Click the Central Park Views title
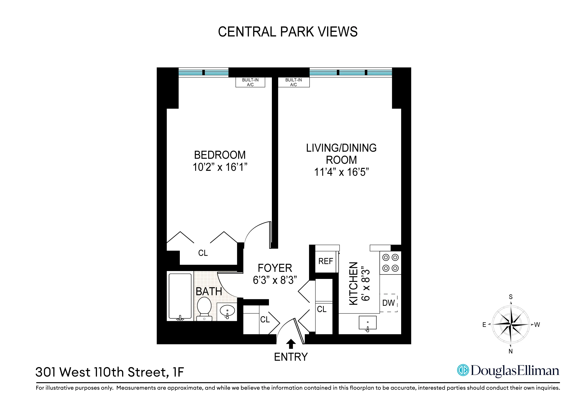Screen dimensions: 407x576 [288, 32]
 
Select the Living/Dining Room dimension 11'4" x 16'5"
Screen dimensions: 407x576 [341, 172]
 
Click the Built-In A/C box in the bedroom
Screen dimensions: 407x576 [250, 82]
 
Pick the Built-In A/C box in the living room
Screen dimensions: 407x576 [294, 82]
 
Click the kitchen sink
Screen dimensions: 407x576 [368, 323]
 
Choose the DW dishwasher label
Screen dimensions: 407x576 [388, 303]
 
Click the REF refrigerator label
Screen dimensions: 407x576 [326, 261]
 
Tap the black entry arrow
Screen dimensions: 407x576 [291, 344]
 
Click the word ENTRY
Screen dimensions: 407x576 [291, 357]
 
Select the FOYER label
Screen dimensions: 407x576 [275, 268]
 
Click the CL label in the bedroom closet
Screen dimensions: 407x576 [203, 253]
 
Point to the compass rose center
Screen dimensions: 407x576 [511, 324]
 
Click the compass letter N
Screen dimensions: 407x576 [511, 351]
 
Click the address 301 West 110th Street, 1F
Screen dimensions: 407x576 [110, 372]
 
